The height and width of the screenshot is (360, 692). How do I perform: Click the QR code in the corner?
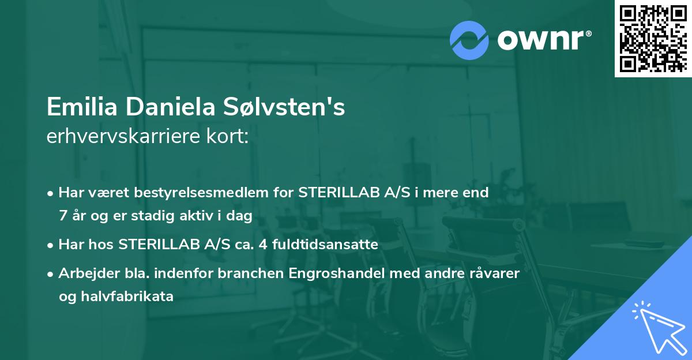pyautogui.click(x=653, y=39)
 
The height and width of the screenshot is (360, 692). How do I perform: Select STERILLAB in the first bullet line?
pyautogui.click(x=338, y=193)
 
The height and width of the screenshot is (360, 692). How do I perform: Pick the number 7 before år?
pyautogui.click(x=62, y=216)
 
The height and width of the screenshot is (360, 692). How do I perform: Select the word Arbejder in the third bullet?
pyautogui.click(x=84, y=273)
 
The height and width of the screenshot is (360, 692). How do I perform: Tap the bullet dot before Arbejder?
pyautogui.click(x=51, y=274)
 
